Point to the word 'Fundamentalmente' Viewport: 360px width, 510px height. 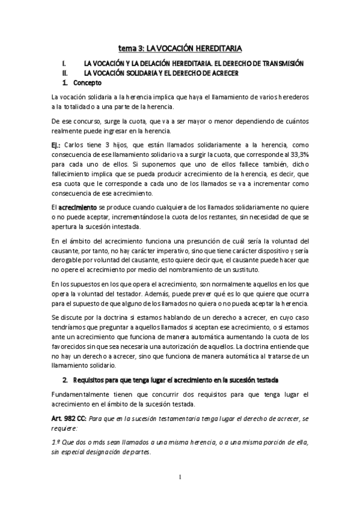(x=79, y=393)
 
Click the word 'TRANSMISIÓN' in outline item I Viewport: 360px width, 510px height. (x=281, y=63)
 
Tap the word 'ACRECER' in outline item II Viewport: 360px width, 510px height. (x=224, y=73)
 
